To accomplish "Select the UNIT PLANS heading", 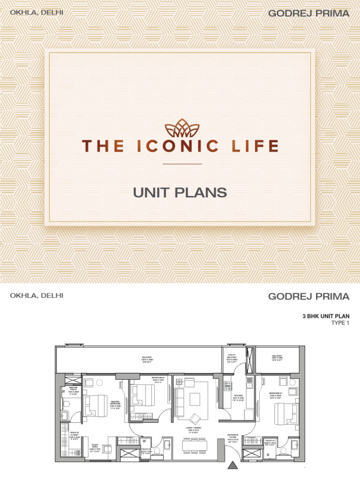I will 180,192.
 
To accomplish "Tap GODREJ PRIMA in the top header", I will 308,14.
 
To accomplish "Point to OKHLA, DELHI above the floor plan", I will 37,296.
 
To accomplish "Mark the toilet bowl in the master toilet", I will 66,405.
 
